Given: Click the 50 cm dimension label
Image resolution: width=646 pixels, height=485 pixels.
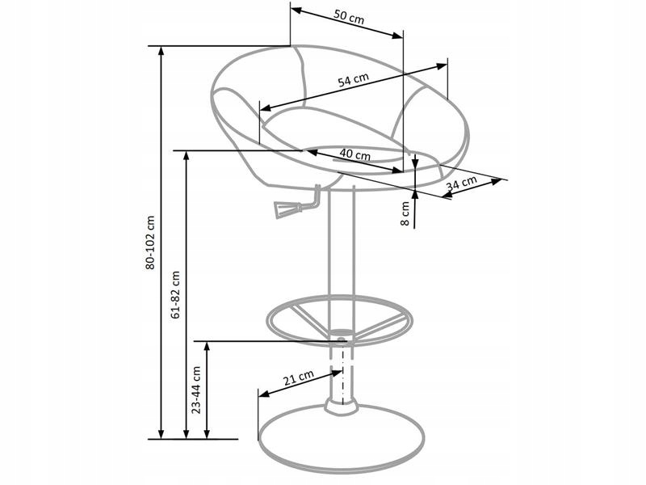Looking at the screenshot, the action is [x=349, y=17].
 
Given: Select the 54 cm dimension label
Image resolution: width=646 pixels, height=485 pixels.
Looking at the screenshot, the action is [x=353, y=79].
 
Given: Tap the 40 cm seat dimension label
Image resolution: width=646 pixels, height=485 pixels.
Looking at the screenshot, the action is [x=355, y=154].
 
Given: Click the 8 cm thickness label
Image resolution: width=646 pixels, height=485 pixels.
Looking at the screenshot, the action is [x=405, y=213].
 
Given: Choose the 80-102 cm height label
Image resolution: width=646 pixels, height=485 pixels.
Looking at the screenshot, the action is [x=150, y=243].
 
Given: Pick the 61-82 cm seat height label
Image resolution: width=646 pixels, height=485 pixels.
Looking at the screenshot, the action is [x=175, y=295].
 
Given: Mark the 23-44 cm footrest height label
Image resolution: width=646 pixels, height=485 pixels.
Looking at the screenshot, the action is [x=196, y=390].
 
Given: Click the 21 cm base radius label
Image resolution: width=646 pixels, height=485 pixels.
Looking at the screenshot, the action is [x=299, y=377].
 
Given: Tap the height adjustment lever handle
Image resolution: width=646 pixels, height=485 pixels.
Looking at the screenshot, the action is [x=286, y=208].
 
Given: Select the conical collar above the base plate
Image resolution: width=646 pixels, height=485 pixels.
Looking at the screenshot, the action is [x=340, y=406].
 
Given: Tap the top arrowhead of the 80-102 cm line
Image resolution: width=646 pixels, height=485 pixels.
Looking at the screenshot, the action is [x=161, y=51].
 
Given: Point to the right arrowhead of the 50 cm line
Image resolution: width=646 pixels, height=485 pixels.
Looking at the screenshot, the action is [x=397, y=36].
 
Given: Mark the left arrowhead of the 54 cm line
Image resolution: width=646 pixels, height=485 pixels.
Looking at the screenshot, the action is [x=266, y=108].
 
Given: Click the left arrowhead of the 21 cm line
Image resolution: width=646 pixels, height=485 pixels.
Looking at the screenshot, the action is [x=264, y=394].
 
